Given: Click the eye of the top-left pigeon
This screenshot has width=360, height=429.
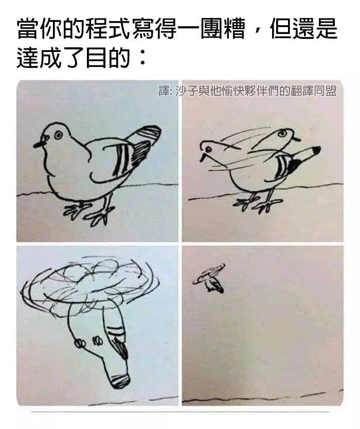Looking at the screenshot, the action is [x=58, y=135].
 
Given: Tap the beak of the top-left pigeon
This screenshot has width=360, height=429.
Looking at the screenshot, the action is [x=39, y=144].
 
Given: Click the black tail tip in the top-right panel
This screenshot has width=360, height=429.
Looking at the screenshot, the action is [x=316, y=150].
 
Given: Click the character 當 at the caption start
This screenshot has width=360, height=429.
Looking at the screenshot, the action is [x=28, y=29].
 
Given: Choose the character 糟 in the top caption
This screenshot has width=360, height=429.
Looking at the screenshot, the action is [x=235, y=29].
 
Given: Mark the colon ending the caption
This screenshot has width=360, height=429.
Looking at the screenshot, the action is [x=142, y=58].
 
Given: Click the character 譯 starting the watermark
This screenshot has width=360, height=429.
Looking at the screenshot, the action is [x=164, y=91].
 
